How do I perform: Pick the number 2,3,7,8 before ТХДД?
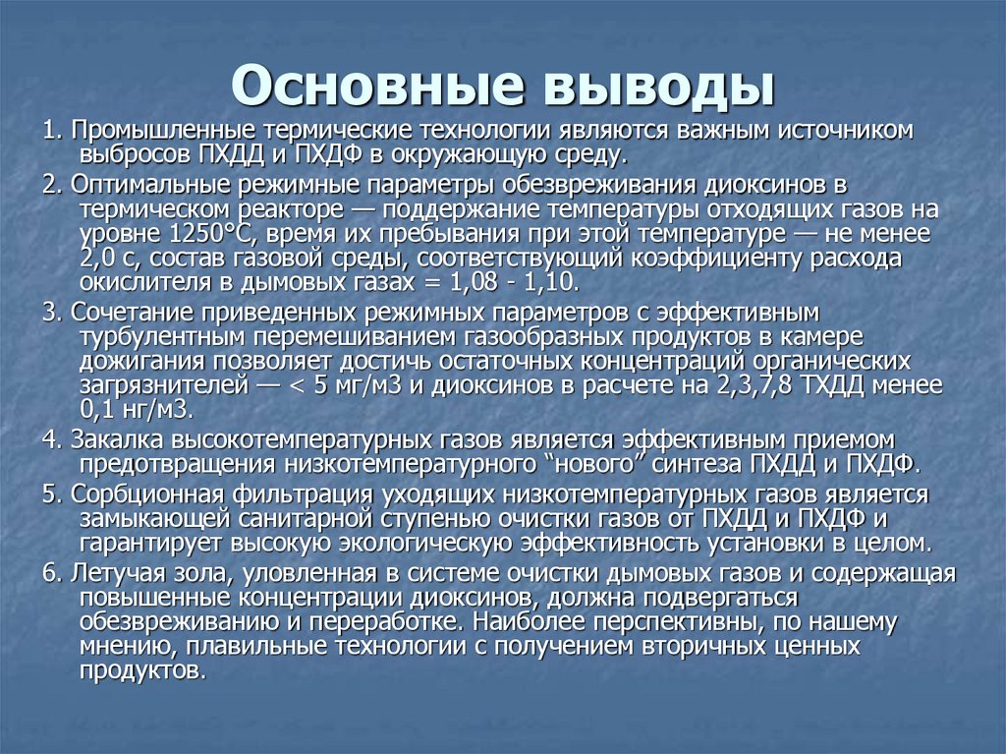tap(748, 384)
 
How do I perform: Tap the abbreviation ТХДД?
tap(826, 384)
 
